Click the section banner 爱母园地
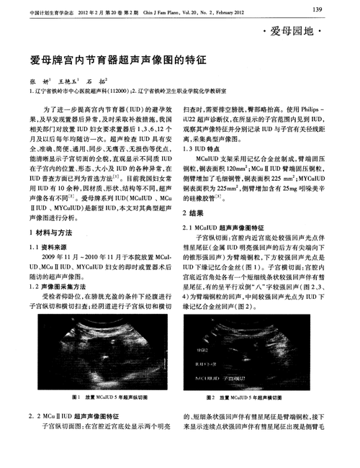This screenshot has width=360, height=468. pos(296,32)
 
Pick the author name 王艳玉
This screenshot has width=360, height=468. pos(68,82)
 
